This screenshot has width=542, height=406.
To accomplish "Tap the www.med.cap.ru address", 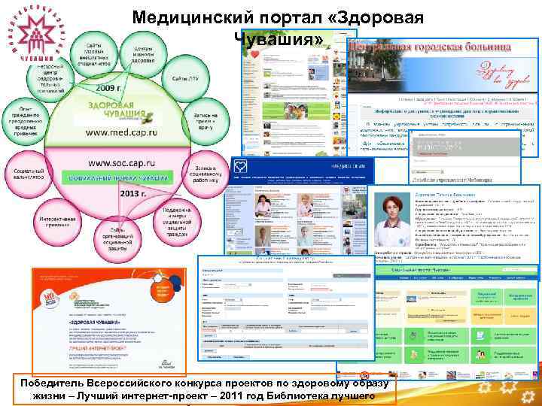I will pos(122,132).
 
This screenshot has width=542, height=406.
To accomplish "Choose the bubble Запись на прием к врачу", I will pos(204,119).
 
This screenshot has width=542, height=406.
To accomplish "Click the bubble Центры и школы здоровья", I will pos(142,54).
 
